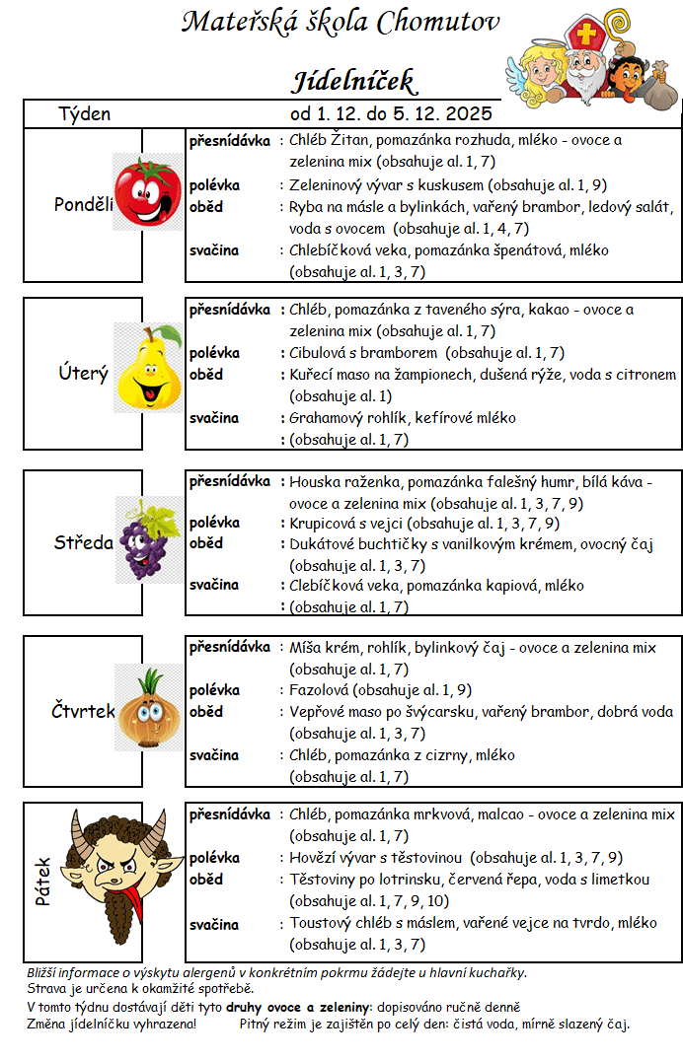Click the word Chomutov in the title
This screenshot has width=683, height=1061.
pyautogui.click(x=439, y=22)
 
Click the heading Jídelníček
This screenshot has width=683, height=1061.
pyautogui.click(x=352, y=80)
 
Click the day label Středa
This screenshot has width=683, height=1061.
pyautogui.click(x=83, y=542)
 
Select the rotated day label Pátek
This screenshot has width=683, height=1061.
pyautogui.click(x=43, y=882)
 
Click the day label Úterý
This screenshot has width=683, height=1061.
pyautogui.click(x=83, y=374)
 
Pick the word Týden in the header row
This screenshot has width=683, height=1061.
pyautogui.click(x=85, y=113)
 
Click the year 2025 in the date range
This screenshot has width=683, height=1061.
pyautogui.click(x=469, y=113)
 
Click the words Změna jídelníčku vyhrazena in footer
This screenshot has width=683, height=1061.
pyautogui.click(x=111, y=1024)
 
